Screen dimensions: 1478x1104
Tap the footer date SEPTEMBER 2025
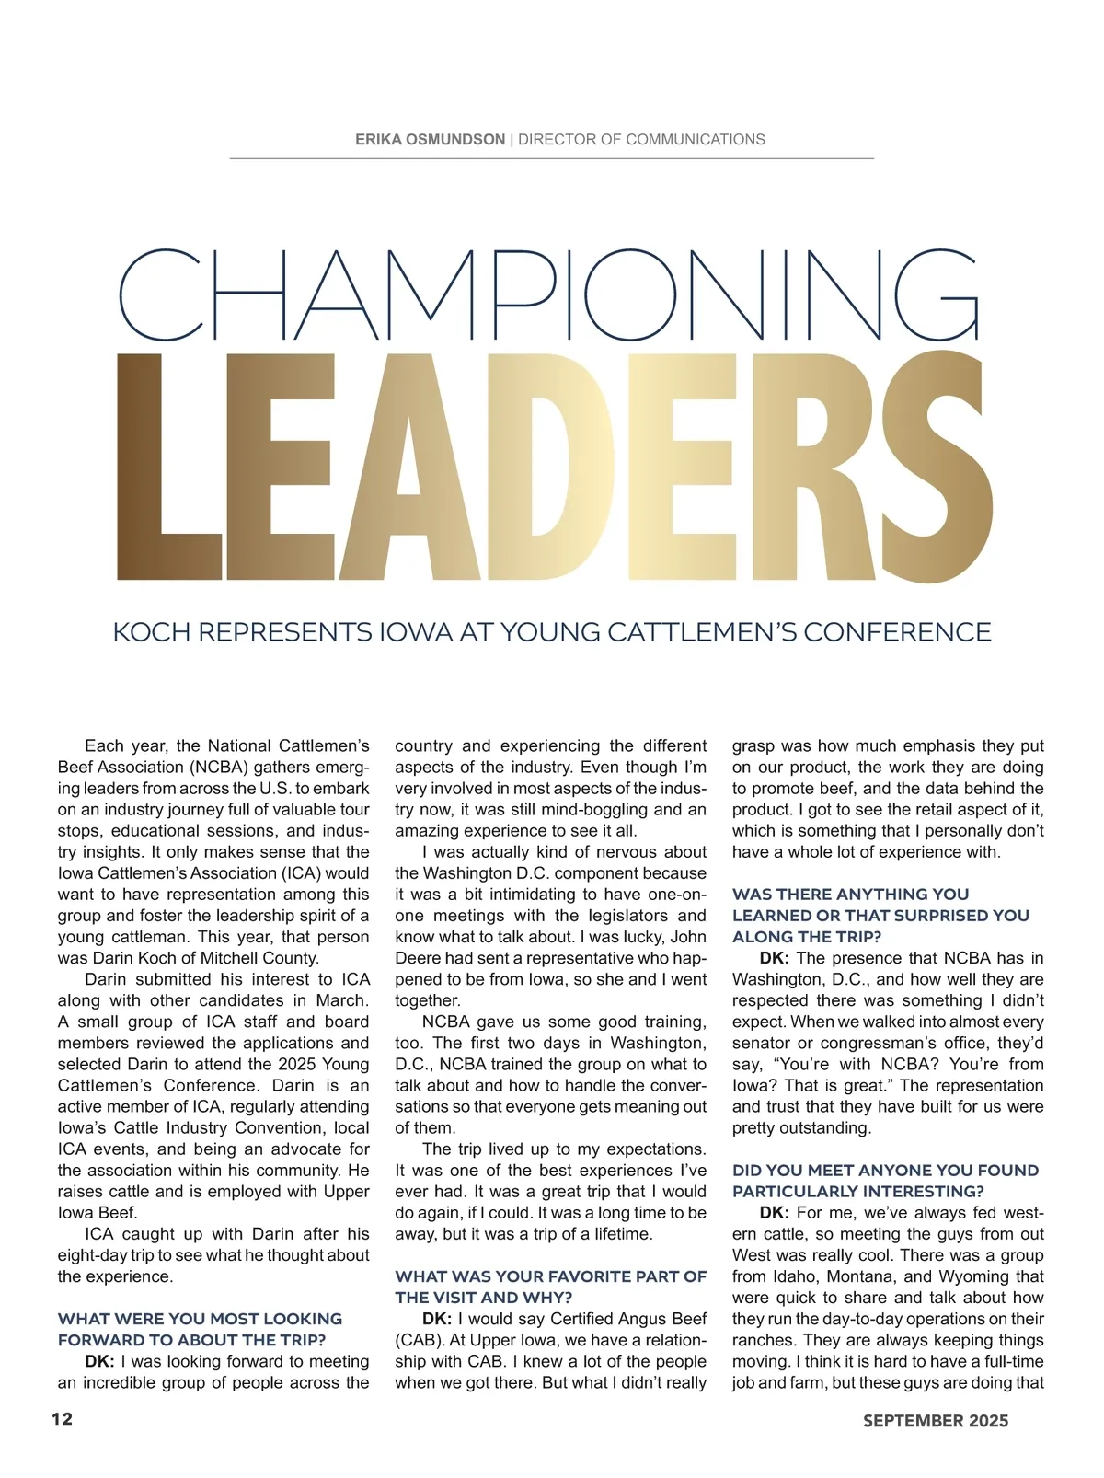pos(936,1420)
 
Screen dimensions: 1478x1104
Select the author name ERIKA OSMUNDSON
pos(430,140)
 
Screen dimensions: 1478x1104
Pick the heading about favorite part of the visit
pos(550,1287)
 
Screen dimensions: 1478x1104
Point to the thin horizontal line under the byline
pos(551,159)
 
